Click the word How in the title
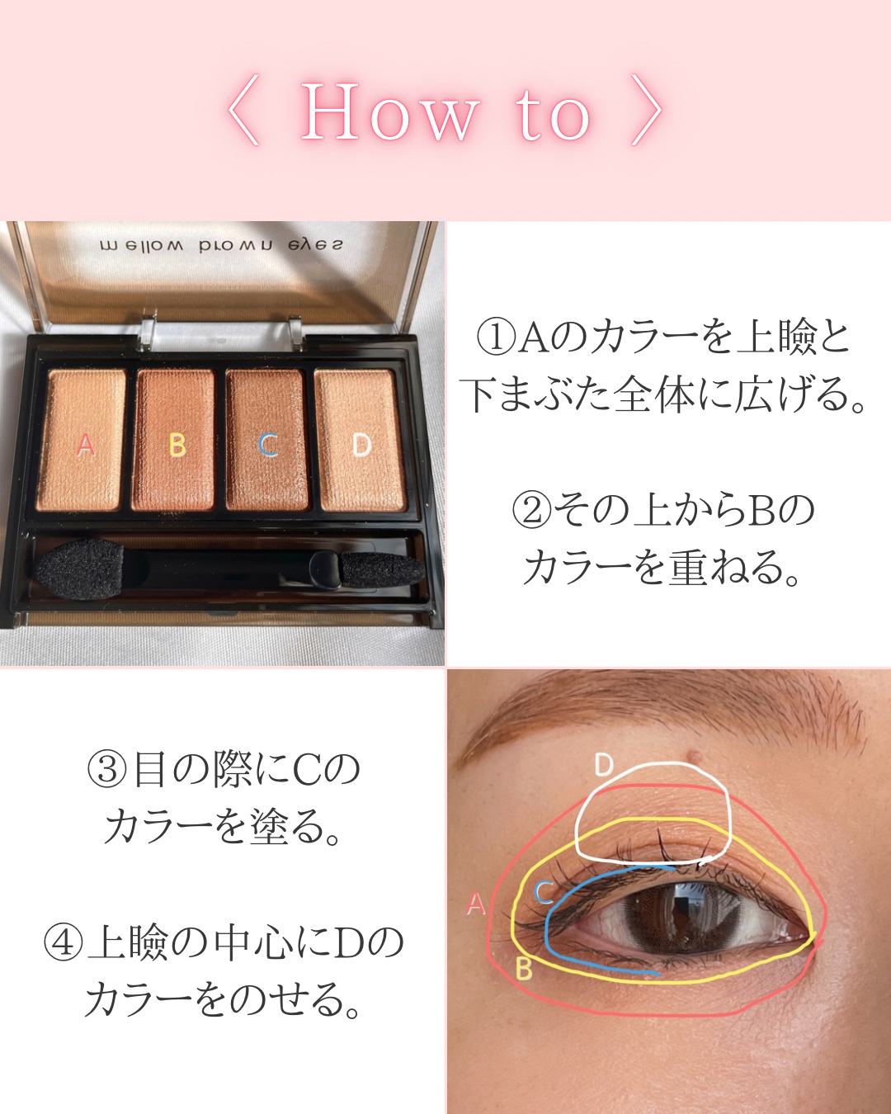point(389,112)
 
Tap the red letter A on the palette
point(86,445)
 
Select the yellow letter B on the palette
point(177,445)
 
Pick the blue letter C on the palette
point(268,445)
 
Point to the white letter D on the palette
point(361,445)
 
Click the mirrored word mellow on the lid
point(141,246)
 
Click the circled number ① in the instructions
point(496,337)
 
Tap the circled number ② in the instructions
point(531,509)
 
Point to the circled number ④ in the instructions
point(64,942)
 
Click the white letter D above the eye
point(604,765)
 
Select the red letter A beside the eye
point(476,904)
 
